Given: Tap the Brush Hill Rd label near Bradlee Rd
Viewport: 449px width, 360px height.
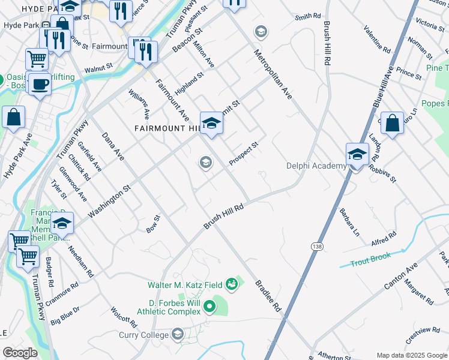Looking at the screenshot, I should click(223, 217).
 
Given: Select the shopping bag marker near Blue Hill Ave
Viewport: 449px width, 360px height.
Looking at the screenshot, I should click(392, 124).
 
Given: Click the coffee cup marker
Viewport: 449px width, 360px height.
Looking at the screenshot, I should click(40, 85).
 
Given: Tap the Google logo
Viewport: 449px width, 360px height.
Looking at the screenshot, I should click(20, 352).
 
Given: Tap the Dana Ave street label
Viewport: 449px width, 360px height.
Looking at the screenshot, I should click(112, 146).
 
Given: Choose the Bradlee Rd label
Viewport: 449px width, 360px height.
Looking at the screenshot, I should click(268, 295).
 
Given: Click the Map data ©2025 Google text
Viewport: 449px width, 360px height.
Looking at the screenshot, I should click(411, 355).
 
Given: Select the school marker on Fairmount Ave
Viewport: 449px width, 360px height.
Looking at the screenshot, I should click(211, 124).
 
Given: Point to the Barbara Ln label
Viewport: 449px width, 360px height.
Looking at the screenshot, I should click(349, 221).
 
